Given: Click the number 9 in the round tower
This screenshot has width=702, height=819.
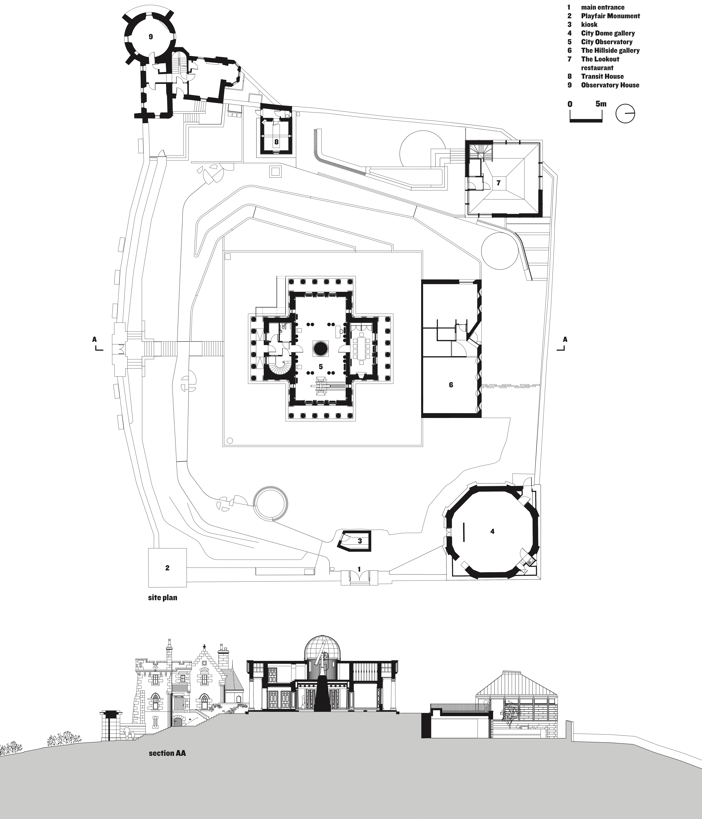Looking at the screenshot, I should pos(151,37).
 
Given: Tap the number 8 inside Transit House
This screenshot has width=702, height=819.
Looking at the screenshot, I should pos(276,141).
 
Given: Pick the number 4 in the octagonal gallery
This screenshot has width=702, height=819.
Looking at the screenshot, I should pos(492,532).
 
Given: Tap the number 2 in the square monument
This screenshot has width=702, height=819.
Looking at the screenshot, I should pos(167,568).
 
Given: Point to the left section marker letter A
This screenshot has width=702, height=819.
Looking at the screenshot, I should pos(94,339).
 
